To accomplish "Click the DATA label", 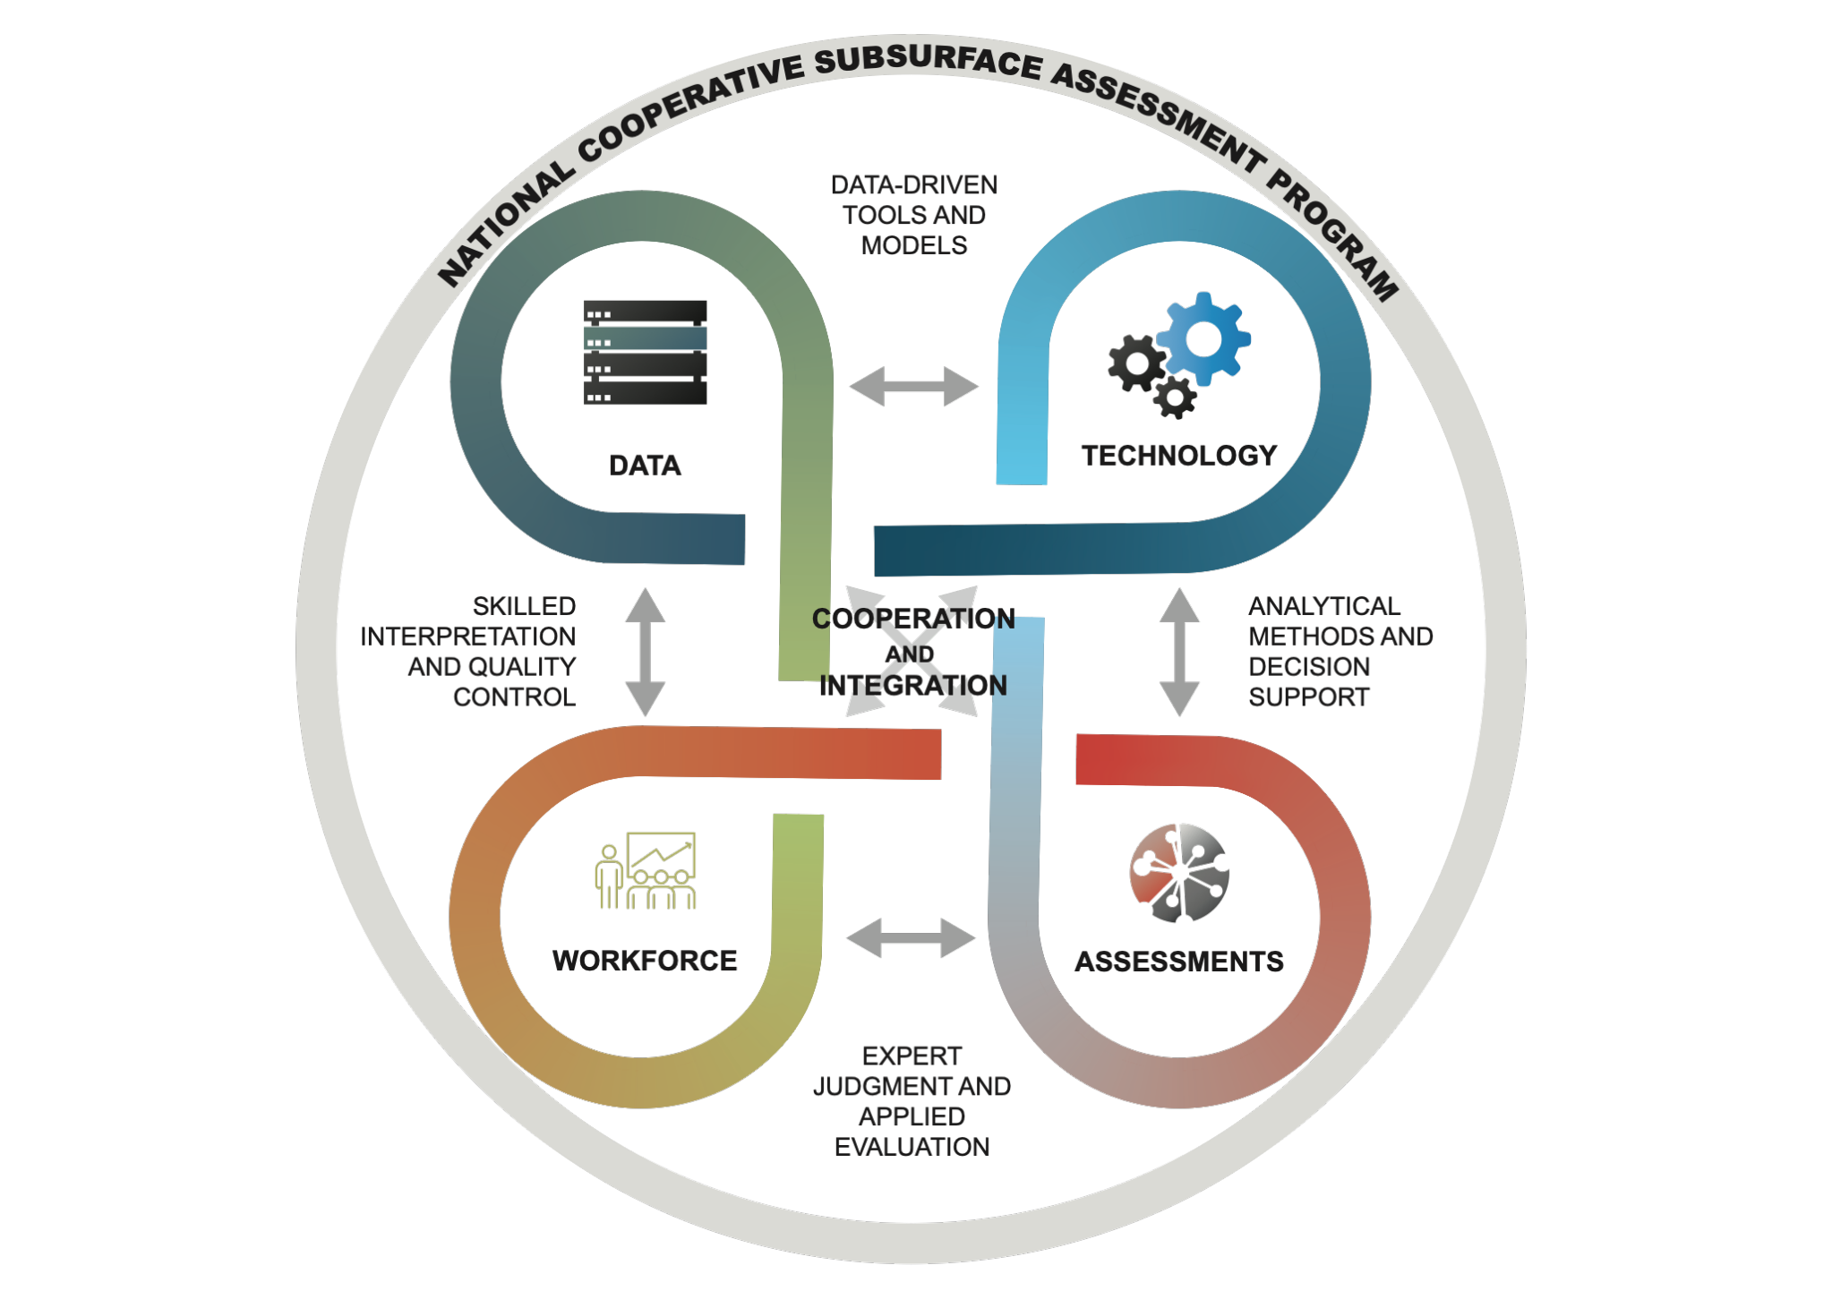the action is coord(645,466).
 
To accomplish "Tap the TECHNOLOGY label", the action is coord(1179,456).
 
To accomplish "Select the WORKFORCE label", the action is coord(645,961).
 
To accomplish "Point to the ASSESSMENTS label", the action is coord(1179,962).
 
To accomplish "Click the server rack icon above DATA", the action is coord(645,352).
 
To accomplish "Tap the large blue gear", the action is coord(1204,338).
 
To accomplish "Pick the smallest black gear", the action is coord(1175,398).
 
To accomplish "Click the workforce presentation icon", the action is coord(646,870).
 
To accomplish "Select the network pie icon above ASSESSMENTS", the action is coord(1179,872).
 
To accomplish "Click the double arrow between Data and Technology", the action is coord(913,387).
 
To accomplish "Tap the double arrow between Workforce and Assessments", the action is coord(911,938).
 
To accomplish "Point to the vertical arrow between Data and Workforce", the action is coord(645,652).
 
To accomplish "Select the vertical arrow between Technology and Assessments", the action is coord(1179,652).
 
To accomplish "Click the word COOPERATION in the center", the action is coord(913,619).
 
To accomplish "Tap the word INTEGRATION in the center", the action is coord(913,686).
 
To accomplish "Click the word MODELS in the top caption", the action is coord(914,245).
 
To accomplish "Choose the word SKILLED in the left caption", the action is coord(524,606).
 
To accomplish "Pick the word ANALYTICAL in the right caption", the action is coord(1324,606).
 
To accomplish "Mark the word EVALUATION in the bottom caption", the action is coord(912,1147).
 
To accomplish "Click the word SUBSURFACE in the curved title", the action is coord(929,61).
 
